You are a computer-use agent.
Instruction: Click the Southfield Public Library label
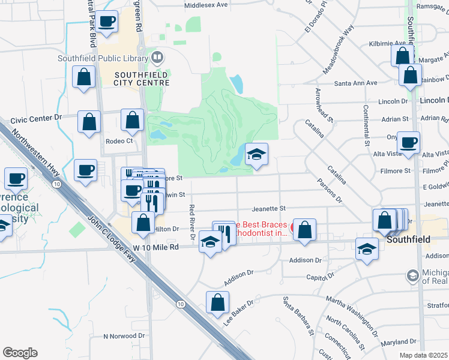click(x=103, y=58)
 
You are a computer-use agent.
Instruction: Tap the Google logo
click(x=20, y=353)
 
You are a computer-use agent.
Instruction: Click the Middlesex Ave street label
click(x=206, y=5)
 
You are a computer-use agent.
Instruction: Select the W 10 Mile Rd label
click(x=156, y=247)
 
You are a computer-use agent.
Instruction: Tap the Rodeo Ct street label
click(x=118, y=142)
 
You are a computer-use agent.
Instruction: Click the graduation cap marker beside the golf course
click(x=256, y=155)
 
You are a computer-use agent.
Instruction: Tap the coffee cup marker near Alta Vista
click(x=409, y=143)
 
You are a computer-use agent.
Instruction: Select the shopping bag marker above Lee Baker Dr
click(x=218, y=303)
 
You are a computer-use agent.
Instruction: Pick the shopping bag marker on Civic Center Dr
click(x=89, y=122)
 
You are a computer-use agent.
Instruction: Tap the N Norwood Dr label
click(x=124, y=336)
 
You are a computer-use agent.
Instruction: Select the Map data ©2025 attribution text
click(x=423, y=355)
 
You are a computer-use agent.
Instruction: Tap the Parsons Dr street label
click(x=330, y=191)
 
